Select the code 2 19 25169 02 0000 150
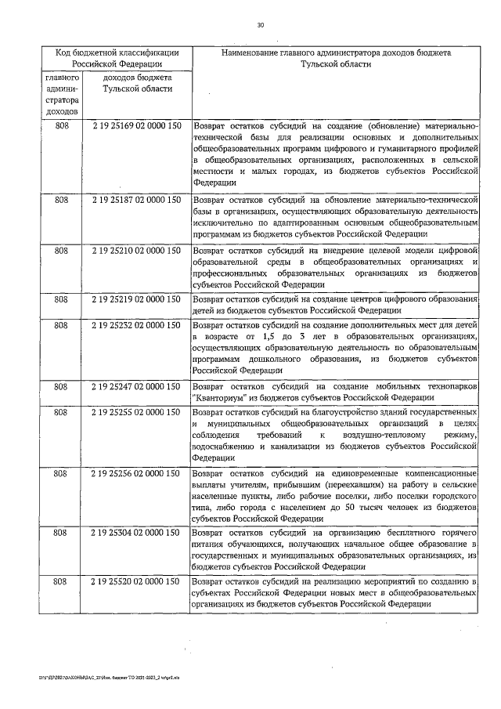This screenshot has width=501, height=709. (137, 125)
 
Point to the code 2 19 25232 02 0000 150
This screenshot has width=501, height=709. (137, 324)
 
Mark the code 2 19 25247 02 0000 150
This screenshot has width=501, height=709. (137, 386)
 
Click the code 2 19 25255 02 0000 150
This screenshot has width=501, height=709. (137, 411)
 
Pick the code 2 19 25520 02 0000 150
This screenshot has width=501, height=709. (137, 582)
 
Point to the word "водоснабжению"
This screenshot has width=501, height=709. (229, 447)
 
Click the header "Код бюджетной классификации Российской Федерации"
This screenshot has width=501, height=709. (117, 59)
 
